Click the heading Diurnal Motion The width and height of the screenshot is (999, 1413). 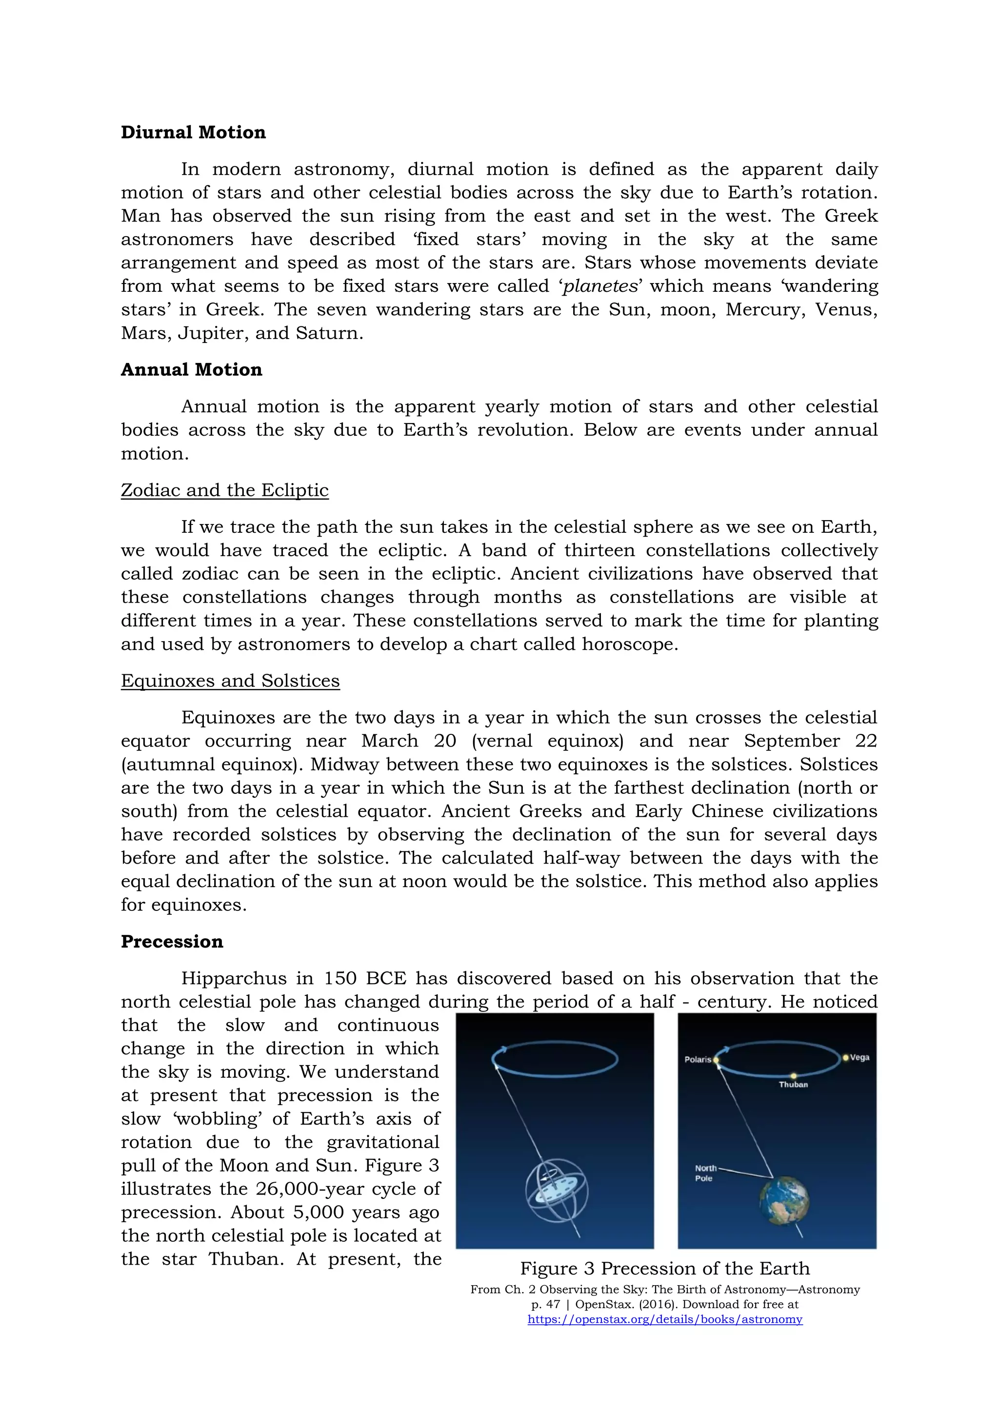[x=193, y=132]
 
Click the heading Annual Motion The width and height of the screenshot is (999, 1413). [x=191, y=369]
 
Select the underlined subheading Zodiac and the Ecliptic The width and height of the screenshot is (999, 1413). [x=224, y=490]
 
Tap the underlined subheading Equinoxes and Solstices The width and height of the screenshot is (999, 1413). [x=230, y=681]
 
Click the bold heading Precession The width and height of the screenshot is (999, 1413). [x=172, y=942]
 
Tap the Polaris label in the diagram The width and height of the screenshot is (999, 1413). [x=697, y=1060]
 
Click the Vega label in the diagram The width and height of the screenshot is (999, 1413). [x=859, y=1057]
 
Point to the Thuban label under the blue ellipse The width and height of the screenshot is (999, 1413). [x=793, y=1084]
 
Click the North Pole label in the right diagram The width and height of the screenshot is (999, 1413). [x=705, y=1173]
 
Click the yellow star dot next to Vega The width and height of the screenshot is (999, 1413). [x=845, y=1057]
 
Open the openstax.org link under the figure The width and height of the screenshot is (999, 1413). [x=664, y=1319]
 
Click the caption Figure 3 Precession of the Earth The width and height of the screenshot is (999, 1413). [x=664, y=1269]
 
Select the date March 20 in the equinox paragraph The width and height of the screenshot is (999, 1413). [x=408, y=741]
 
